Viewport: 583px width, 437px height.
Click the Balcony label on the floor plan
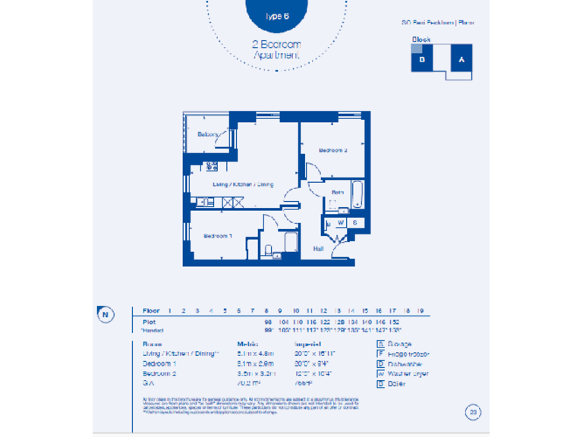(208, 134)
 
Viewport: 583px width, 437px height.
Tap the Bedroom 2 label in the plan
(332, 151)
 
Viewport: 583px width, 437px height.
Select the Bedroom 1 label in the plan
(218, 237)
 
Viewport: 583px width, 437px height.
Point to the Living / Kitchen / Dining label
(243, 184)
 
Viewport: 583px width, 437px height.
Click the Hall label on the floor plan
(320, 248)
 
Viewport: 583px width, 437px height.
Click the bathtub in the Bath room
(358, 195)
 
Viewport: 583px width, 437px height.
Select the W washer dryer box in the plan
(341, 222)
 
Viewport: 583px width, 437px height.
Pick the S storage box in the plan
(354, 222)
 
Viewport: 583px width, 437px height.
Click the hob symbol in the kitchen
(212, 166)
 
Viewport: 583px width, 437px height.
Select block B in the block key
(422, 59)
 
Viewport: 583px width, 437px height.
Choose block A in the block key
(460, 59)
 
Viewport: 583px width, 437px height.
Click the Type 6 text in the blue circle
(277, 15)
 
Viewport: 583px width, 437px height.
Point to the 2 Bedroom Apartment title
(277, 49)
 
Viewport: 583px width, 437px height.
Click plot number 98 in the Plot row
(267, 322)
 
